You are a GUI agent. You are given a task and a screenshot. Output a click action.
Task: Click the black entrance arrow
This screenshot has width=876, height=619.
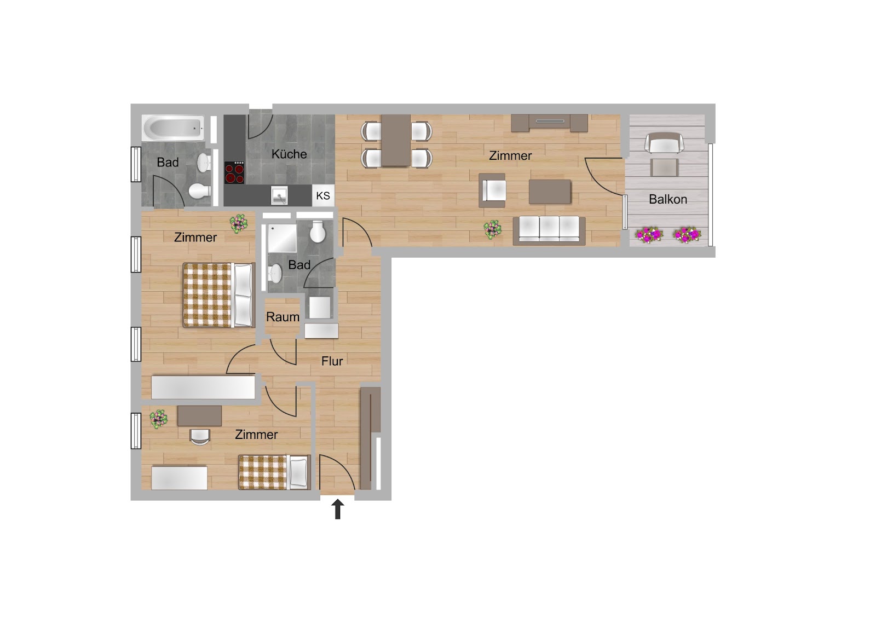point(337,509)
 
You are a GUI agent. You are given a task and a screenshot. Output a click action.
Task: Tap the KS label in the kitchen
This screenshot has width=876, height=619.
point(323,195)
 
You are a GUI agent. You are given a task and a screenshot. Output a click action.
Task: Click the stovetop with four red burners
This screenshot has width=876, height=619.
point(234,172)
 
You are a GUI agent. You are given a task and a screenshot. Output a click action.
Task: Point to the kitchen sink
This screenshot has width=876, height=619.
point(279,195)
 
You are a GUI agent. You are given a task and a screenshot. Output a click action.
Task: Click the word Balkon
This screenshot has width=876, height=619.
point(668,199)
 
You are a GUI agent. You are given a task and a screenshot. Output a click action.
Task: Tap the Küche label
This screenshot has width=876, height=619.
point(289,154)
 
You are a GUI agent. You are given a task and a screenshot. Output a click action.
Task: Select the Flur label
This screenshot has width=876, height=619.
point(332,361)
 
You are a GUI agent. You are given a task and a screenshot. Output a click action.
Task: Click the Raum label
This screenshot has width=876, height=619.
point(283,317)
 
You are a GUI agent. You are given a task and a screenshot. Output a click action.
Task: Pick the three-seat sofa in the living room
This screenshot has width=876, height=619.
point(549,231)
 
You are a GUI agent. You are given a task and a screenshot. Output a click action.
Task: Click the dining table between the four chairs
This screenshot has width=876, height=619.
point(396,140)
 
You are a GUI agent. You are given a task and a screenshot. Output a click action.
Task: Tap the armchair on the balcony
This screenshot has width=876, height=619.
point(664,143)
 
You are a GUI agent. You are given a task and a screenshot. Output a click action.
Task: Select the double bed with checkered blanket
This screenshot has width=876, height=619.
point(218,295)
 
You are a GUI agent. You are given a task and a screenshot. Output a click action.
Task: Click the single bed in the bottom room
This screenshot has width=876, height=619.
point(274,472)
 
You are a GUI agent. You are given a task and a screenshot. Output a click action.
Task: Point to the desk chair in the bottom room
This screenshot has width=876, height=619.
point(200,437)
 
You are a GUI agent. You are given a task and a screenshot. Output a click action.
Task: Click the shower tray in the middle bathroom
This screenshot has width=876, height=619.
point(282,238)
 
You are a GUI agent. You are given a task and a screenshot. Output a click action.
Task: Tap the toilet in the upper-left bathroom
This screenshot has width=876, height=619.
point(200,191)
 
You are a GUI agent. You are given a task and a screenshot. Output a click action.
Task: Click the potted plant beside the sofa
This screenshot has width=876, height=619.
point(492,229)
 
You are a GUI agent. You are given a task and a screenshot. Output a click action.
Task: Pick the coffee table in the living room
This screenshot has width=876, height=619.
point(550,192)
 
